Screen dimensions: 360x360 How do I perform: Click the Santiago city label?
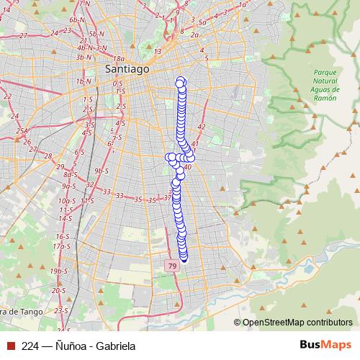tap(127, 69)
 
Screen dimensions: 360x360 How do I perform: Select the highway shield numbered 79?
tap(171, 266)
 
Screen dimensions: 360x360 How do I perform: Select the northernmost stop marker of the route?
tap(180, 81)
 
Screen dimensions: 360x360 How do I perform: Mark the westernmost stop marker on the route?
tap(170, 157)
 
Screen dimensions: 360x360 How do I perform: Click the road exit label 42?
tap(201, 127)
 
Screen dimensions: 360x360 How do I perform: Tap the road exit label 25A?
tap(22, 130)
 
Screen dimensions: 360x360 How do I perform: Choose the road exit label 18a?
tap(119, 59)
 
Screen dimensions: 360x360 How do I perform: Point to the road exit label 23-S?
tap(61, 311)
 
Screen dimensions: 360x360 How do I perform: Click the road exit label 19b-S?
tap(59, 271)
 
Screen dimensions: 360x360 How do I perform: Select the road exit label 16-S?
tap(62, 236)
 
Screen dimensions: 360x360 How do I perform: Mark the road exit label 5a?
tap(203, 22)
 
